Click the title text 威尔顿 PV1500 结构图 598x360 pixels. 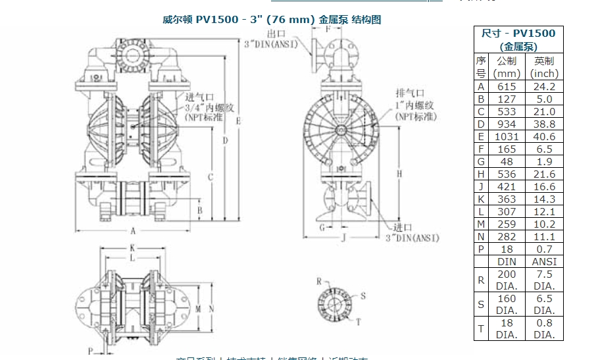272,20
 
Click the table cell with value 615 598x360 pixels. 507,86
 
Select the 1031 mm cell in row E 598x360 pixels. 507,136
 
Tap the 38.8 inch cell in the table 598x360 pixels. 544,124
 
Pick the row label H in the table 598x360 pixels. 481,174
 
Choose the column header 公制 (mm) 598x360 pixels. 507,67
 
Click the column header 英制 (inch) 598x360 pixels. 544,67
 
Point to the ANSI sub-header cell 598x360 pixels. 544,261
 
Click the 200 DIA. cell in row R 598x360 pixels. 507,280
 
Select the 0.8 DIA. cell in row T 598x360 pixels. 544,328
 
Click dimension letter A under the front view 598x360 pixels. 133,231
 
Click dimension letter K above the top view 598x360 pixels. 132,248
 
